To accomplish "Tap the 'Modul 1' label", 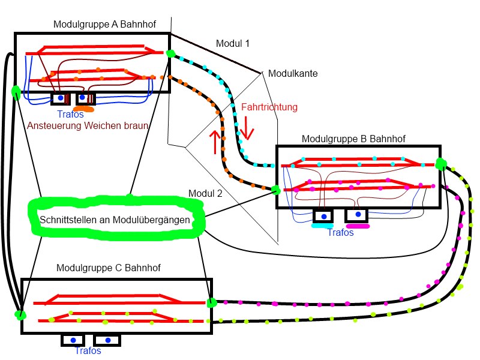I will click(x=232, y=44).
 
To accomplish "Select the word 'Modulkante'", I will click(x=292, y=73).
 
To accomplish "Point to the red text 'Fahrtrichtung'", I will click(x=269, y=107).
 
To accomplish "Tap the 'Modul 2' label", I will click(x=205, y=193).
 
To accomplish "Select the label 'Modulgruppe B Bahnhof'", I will click(x=353, y=139).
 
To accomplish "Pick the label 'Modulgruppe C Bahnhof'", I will click(x=109, y=267).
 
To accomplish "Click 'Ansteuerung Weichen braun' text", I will click(x=88, y=126).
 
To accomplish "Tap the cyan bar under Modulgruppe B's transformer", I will click(x=322, y=226).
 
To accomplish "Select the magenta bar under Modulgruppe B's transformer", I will click(x=358, y=226).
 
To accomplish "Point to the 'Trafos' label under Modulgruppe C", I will click(x=88, y=350).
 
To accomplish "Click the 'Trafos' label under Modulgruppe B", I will click(x=340, y=233).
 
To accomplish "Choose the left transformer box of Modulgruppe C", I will click(x=74, y=340).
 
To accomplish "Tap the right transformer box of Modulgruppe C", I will click(x=108, y=340).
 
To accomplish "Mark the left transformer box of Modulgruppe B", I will click(x=324, y=215).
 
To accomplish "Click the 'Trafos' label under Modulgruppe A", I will click(x=70, y=114).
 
